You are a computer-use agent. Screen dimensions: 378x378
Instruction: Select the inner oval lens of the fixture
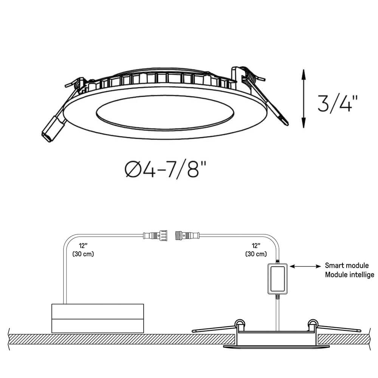[165, 114]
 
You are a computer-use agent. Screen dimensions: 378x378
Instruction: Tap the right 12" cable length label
[256, 246]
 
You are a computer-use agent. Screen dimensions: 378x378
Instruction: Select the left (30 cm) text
[83, 254]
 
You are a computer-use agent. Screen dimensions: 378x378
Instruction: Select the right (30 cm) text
[256, 254]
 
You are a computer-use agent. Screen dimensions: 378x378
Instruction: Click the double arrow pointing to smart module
[305, 266]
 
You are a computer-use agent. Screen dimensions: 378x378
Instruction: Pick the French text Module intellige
[349, 274]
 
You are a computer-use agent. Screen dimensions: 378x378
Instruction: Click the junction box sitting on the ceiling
[98, 318]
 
